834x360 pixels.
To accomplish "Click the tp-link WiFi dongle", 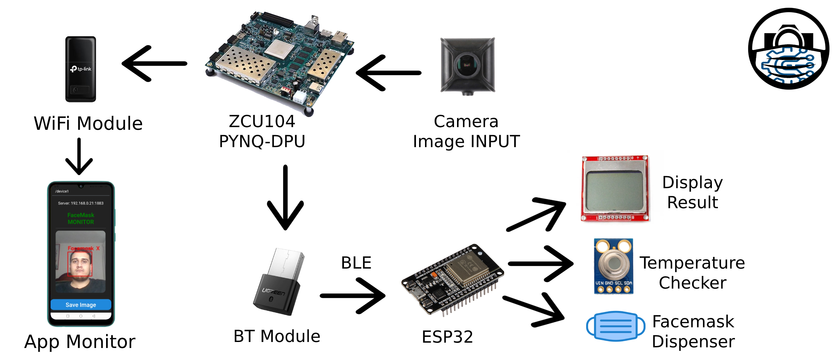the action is (x=80, y=69).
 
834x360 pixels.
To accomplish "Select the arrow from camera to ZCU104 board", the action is (x=389, y=73).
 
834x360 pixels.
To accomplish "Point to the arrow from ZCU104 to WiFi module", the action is (x=154, y=64).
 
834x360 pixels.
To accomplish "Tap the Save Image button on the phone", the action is (x=81, y=305).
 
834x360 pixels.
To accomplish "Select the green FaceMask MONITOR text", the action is (x=81, y=219).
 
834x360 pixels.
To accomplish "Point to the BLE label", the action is (x=356, y=263).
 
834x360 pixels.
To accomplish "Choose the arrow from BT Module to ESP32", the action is (x=353, y=296).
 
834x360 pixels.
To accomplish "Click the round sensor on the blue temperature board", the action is (x=613, y=264).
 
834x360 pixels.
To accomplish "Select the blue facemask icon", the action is (x=615, y=326).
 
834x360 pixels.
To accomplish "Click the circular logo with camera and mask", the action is (x=789, y=49).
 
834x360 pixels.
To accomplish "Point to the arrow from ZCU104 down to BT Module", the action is (x=286, y=197).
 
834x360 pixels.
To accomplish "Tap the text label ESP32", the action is (x=447, y=337).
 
